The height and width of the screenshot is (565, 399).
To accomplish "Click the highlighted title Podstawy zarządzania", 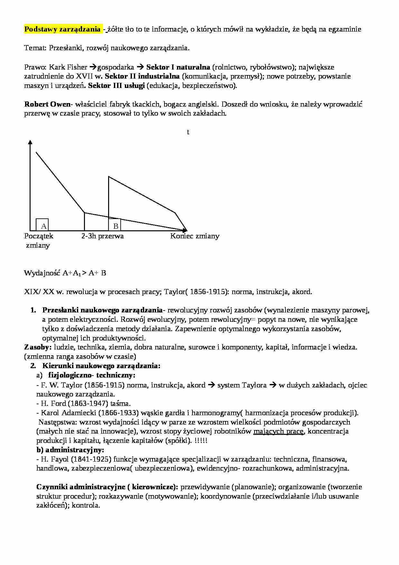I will [62, 29].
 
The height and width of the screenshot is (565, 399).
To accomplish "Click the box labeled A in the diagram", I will [42, 225].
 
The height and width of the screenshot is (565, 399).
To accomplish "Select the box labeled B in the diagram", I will [114, 225].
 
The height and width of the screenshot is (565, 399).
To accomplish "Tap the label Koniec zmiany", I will [195, 236].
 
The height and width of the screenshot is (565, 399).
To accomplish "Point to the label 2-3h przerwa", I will [102, 236].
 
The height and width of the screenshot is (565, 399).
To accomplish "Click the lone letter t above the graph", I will [188, 132].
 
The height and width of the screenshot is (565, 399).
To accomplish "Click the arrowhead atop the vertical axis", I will [30, 143].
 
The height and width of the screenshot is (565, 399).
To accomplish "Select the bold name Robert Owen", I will [47, 104].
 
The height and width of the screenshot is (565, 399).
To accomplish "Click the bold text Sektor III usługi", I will [116, 86].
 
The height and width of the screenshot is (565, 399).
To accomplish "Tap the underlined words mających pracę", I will [278, 431].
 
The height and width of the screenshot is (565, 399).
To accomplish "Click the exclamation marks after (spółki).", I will [201, 441].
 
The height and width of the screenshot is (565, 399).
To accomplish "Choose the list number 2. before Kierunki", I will [33, 366].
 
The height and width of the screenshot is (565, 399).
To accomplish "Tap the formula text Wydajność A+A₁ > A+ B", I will [65, 273].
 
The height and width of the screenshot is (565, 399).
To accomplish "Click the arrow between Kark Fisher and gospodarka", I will [93, 67].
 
